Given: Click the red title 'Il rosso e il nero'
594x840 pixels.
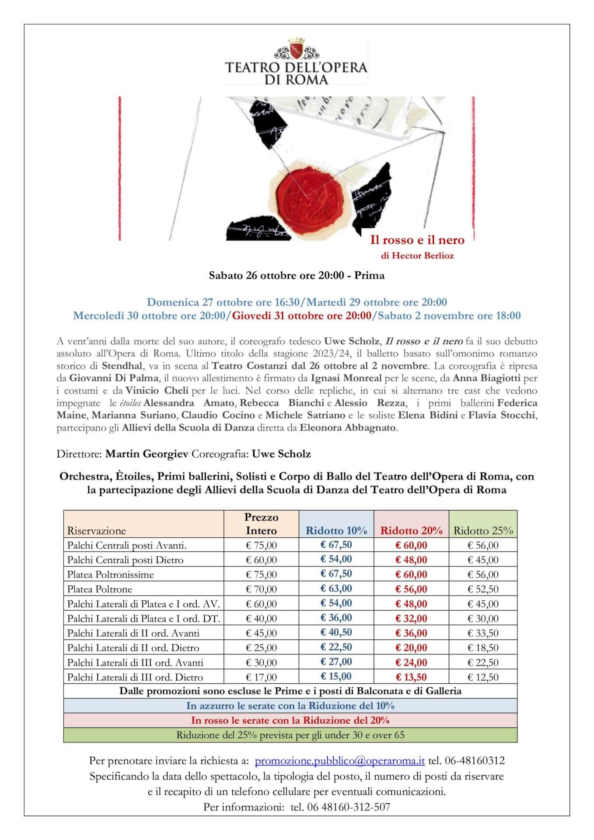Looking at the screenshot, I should (417, 240).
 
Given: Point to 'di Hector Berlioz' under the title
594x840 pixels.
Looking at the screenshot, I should (417, 256).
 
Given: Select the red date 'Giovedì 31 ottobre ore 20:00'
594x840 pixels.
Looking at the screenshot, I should (301, 315).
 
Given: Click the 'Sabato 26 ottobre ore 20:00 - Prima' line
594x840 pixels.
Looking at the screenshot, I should (297, 276).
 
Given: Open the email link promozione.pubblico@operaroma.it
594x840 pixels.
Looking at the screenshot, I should (339, 760).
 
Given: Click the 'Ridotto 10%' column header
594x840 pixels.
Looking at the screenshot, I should (336, 531).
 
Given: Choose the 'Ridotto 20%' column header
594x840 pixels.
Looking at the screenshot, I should (411, 531).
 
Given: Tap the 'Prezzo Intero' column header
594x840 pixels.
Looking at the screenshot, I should (261, 524).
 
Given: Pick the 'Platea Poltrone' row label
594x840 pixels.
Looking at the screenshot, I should (100, 589).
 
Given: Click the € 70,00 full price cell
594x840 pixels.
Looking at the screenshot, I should (261, 589).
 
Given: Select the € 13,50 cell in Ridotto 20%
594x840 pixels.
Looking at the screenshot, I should (411, 677).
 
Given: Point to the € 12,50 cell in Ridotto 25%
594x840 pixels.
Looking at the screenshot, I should (483, 677).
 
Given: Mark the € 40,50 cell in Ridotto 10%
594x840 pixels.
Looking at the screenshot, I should (336, 633).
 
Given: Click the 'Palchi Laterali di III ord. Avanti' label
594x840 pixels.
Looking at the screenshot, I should (135, 662).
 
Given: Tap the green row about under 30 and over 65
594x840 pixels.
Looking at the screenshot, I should (290, 735).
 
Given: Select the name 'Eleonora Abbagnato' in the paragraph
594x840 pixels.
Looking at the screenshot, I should (348, 427).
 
